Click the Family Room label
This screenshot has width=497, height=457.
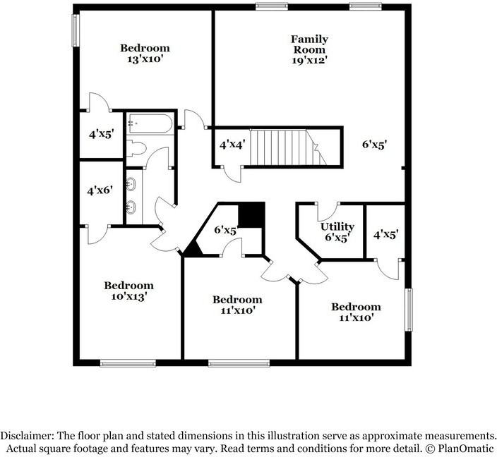point(309,44)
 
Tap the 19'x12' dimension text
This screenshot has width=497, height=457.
point(309,61)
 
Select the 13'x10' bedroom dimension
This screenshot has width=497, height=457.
point(144,59)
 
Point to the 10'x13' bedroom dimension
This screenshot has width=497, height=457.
point(128,297)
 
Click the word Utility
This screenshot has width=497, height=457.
point(337,226)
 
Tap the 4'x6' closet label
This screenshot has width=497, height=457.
point(100,190)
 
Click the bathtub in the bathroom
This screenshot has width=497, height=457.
point(149,124)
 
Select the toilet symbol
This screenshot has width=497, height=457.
point(136,149)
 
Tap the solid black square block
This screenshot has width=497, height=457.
point(251,214)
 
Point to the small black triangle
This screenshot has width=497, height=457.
point(191,248)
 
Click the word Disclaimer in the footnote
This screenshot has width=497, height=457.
point(28,435)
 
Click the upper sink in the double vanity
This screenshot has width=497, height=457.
point(131,185)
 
